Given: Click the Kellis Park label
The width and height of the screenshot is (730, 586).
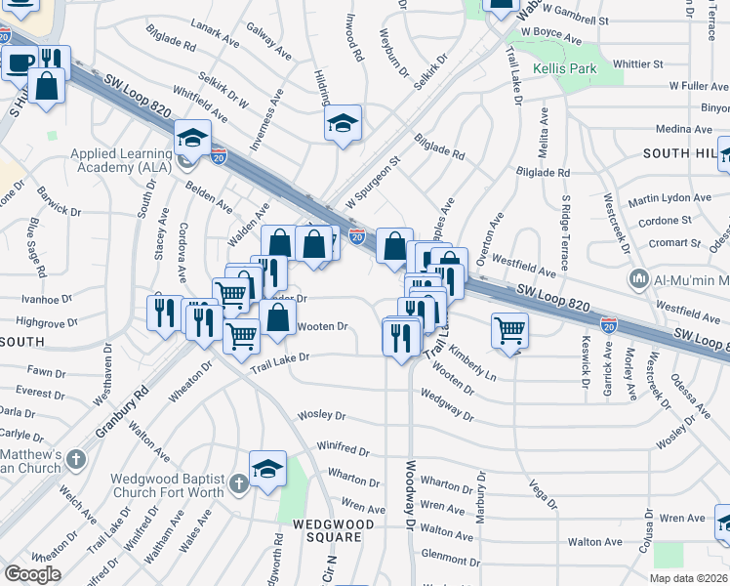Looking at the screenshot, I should tap(564, 69).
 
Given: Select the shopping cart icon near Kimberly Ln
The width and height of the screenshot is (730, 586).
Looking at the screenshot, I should tap(509, 330).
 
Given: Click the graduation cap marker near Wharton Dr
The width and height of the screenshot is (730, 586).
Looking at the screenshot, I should tap(266, 469).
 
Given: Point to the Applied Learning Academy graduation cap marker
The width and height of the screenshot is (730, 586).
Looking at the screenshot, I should tap(193, 138).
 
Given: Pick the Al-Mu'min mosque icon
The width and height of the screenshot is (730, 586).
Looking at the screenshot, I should tap(639, 279).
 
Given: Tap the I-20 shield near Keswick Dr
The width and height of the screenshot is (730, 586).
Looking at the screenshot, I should tap(608, 324).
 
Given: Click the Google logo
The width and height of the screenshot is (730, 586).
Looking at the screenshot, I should tap(31, 574).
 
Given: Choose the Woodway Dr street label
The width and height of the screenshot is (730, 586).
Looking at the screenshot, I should tap(410, 496).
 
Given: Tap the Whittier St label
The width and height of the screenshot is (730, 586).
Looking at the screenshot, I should tap(638, 63).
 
